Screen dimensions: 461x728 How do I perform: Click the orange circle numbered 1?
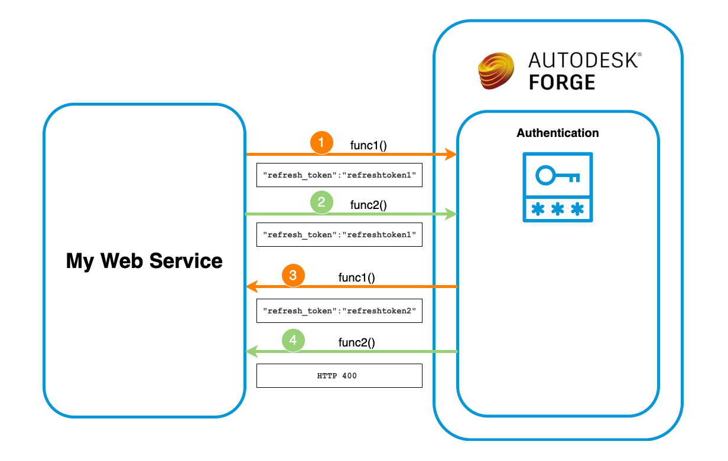click(321, 143)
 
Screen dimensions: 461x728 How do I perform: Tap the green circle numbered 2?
click(321, 203)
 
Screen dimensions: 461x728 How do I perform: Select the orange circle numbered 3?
click(293, 276)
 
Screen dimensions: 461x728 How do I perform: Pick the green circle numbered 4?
click(293, 341)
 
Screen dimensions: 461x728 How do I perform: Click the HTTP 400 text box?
click(339, 375)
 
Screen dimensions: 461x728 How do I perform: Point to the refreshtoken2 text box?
click(339, 310)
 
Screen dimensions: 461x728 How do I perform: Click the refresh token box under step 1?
click(339, 175)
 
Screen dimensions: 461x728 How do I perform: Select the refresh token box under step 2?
click(339, 234)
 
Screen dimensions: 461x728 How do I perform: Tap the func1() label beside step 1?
click(369, 145)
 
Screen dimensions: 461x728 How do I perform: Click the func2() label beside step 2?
click(369, 205)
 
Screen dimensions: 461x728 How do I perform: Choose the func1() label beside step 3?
click(357, 277)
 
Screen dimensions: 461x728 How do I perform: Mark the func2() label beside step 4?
click(357, 342)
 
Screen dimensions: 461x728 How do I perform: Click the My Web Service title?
click(144, 260)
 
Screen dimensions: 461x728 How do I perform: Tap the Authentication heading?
click(558, 133)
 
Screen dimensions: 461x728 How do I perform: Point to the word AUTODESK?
click(583, 60)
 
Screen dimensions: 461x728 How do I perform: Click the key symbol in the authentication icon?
click(557, 175)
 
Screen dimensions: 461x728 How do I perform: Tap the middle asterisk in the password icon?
click(557, 209)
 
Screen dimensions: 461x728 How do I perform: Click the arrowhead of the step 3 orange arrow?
click(251, 287)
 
